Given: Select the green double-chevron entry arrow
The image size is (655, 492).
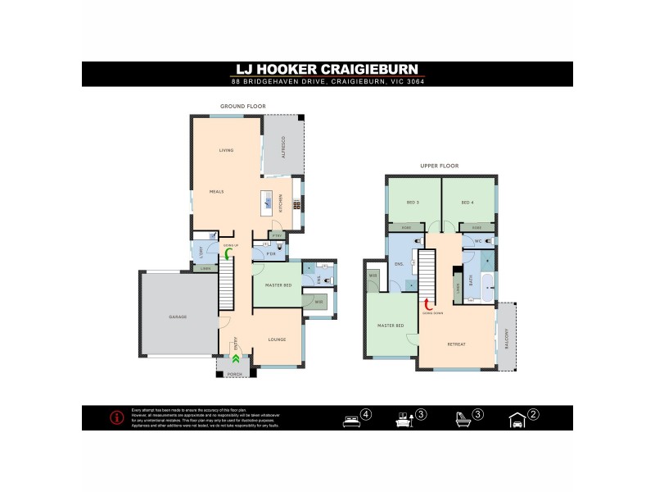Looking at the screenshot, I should point(235,358).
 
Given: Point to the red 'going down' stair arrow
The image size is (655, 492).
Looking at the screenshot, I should point(427,303).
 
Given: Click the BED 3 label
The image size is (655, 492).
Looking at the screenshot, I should point(413,202).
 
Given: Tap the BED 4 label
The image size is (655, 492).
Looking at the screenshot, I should point(468,202).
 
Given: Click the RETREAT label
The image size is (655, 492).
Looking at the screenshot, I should point(457,344).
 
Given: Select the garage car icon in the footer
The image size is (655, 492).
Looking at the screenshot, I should point(517,419).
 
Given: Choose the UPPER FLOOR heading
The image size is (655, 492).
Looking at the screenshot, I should point(439,166).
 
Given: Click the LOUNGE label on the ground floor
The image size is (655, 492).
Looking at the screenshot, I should point(278,338).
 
